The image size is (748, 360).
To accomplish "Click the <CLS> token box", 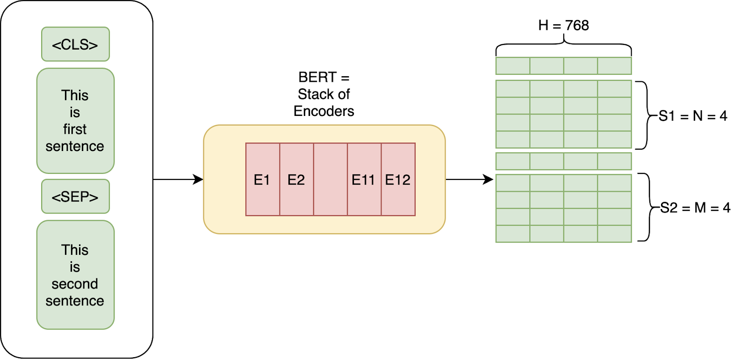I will [75, 44].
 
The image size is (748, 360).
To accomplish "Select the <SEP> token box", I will [75, 196].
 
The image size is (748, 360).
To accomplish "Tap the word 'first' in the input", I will [75, 129].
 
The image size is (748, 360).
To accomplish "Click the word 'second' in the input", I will [75, 284].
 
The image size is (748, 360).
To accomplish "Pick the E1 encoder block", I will [262, 180].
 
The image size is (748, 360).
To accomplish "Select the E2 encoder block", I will [296, 180].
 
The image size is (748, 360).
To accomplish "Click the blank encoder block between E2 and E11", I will [331, 180].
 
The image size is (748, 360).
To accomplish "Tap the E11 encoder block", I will [364, 180].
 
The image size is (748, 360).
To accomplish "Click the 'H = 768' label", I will [563, 25].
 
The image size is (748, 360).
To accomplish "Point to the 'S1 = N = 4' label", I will [693, 116].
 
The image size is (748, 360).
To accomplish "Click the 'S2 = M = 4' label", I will [695, 208].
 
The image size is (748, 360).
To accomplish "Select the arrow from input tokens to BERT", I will [178, 179].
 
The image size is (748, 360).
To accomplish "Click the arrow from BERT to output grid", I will [469, 179].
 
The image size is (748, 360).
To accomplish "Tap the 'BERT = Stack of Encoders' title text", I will [324, 94].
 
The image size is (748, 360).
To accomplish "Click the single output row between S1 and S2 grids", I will [563, 161].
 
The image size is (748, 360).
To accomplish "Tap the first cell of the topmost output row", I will [513, 66].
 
